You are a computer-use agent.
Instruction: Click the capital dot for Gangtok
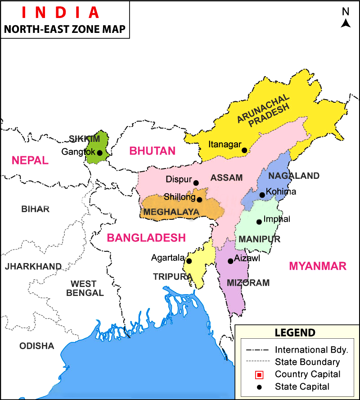tap(99, 153)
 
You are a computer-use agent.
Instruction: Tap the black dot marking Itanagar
tap(244, 150)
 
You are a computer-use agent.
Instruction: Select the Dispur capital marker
tap(196, 182)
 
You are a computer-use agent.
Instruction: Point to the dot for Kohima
tap(262, 195)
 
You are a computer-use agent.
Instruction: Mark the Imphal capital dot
tap(259, 222)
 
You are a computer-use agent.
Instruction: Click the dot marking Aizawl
tap(230, 261)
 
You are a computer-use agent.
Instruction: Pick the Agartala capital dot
tap(189, 261)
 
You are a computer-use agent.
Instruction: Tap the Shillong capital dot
tap(199, 199)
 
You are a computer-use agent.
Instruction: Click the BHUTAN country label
tap(152, 151)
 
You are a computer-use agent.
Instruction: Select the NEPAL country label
tap(30, 160)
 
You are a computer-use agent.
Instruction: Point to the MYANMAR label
tap(318, 266)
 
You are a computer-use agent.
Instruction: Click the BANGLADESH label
tap(146, 238)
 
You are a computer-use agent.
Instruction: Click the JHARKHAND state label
tap(33, 267)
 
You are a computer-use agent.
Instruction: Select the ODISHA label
tap(36, 346)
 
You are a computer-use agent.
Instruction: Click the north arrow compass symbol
tap(346, 20)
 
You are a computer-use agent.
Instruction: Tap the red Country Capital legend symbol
tap(258, 374)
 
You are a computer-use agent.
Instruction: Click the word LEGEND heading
tap(295, 333)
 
